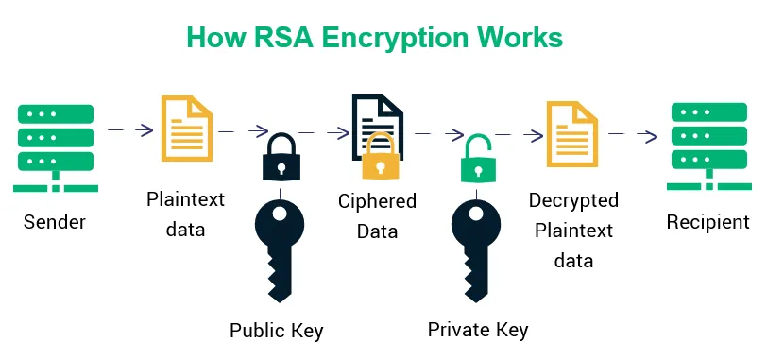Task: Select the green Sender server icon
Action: click(x=55, y=146)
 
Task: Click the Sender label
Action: click(x=55, y=223)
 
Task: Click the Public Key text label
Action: click(x=277, y=331)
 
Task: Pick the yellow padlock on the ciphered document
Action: click(x=380, y=157)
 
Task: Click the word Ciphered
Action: click(x=378, y=201)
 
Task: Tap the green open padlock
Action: click(x=478, y=159)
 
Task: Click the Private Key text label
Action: click(x=478, y=330)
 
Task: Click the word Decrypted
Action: click(x=574, y=201)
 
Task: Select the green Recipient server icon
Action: click(x=708, y=146)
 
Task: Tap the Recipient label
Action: click(x=708, y=223)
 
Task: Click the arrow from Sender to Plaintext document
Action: click(x=131, y=130)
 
